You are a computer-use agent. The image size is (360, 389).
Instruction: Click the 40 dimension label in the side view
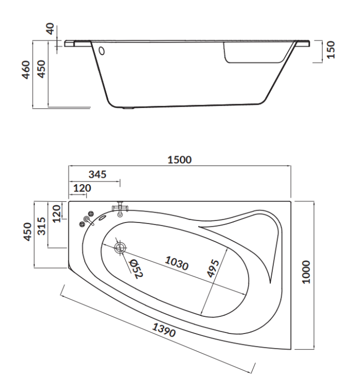[x=51, y=29]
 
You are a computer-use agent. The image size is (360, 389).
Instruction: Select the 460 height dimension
[x=26, y=70]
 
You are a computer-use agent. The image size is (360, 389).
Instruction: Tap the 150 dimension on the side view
[x=331, y=50]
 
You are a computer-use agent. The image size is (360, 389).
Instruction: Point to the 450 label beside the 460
[x=41, y=69]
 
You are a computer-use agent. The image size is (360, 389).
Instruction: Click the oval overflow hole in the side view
[x=102, y=51]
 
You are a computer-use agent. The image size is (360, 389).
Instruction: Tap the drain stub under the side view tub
[x=129, y=108]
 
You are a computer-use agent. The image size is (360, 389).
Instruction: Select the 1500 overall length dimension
[x=179, y=160]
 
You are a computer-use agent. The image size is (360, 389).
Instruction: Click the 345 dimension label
[x=98, y=174]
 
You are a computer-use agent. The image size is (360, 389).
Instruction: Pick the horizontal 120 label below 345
[x=82, y=188]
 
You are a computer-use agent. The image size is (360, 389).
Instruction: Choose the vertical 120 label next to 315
[x=57, y=213]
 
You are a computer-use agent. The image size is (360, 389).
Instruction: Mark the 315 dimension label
[x=41, y=226]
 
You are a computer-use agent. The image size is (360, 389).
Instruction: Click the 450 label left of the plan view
[x=27, y=232]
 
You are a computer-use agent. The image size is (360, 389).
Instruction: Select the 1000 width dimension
[x=307, y=272]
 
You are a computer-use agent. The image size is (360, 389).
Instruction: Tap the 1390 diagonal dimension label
[x=164, y=330]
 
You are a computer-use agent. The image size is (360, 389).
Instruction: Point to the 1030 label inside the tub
[x=177, y=263]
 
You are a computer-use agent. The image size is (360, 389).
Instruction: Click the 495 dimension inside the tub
[x=213, y=268]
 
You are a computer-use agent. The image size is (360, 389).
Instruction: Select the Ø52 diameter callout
[x=136, y=269]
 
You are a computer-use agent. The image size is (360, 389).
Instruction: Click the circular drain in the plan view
[x=120, y=247]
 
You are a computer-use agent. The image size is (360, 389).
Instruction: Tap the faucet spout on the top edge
[x=120, y=209]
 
